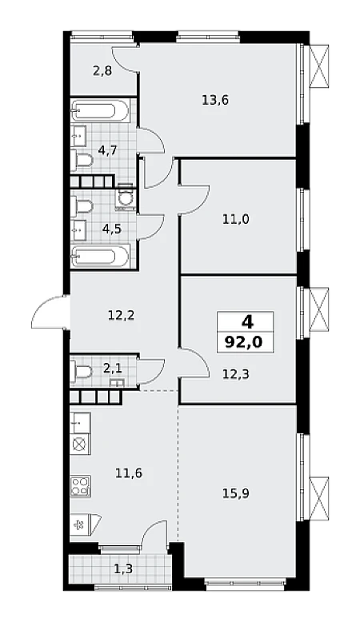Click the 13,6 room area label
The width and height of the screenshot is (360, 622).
click(x=215, y=101)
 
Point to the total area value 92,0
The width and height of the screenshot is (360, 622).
click(x=245, y=341)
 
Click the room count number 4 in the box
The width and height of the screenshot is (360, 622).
click(x=247, y=322)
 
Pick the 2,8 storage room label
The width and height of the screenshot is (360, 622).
click(x=102, y=71)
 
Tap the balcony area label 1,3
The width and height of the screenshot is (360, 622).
click(x=123, y=569)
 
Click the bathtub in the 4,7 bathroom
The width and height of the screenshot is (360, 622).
click(x=100, y=110)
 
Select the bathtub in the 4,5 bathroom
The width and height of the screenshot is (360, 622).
click(x=100, y=257)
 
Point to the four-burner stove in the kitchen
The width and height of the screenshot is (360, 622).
click(x=81, y=485)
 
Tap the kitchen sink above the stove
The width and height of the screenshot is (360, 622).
click(x=81, y=422)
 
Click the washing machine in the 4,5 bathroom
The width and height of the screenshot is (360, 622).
click(x=126, y=197)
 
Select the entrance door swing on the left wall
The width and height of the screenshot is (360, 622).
click(x=49, y=312)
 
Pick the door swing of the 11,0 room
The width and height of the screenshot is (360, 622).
click(x=194, y=199)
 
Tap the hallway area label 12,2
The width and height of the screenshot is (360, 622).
click(x=122, y=316)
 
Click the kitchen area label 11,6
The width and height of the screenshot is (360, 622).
click(x=129, y=472)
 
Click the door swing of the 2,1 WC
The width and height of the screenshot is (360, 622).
click(x=152, y=371)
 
